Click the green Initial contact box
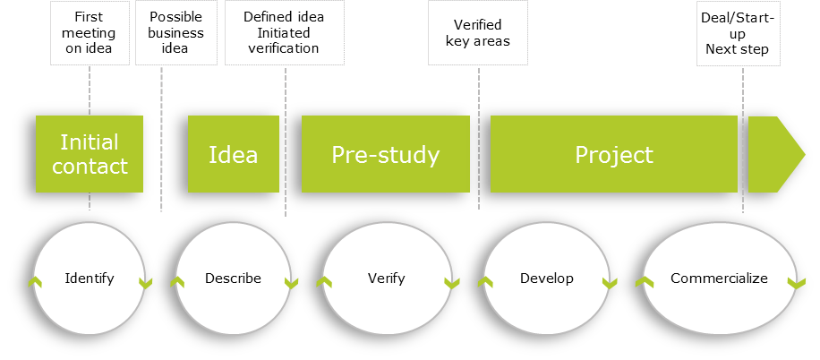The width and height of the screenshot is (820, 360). [x=89, y=154]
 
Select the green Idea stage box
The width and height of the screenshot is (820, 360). [x=233, y=154]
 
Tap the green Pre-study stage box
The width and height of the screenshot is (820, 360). [x=385, y=154]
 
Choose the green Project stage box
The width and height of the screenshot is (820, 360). [x=614, y=154]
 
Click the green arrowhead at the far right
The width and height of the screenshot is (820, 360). [x=775, y=154]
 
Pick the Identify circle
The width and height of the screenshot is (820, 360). [x=90, y=279]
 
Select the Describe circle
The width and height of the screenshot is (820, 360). [x=233, y=279]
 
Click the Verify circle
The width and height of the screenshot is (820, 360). [x=386, y=279]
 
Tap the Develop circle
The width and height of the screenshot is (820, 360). [x=546, y=279]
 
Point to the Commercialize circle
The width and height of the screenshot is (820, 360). [x=719, y=279]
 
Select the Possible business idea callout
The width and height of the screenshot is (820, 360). [x=176, y=33]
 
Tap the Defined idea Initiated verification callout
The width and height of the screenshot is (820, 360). [x=284, y=33]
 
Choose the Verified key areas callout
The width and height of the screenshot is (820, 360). [x=477, y=33]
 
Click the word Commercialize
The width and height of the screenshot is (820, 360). [x=719, y=279]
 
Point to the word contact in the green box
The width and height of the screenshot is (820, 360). [x=90, y=166]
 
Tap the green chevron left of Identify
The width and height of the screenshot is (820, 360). [x=34, y=283]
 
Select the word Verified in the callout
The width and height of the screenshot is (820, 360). [x=478, y=24]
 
